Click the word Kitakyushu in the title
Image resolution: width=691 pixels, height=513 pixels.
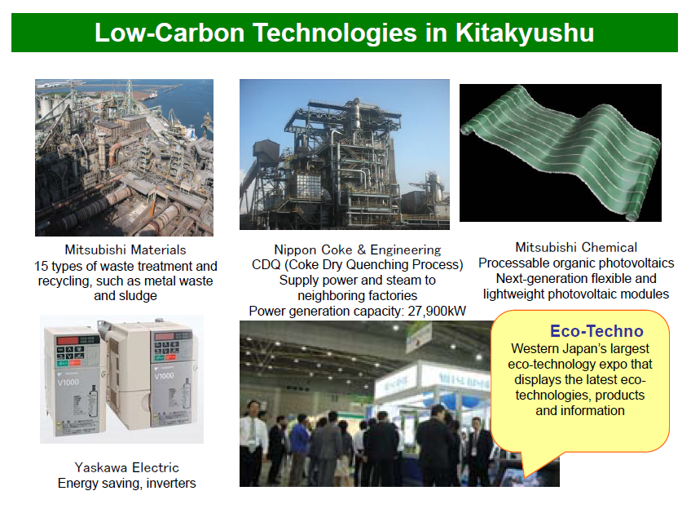[x=525, y=33]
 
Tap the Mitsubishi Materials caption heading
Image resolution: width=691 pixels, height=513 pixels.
[x=125, y=250]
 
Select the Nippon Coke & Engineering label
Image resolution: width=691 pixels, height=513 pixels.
[x=358, y=250]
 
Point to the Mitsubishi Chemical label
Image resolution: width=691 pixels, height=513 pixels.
[x=576, y=247]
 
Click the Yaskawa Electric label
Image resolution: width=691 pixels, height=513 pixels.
[x=127, y=467]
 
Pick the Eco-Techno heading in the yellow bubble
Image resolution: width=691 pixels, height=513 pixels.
[x=596, y=331]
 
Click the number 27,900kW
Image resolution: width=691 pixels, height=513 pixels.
[x=437, y=311]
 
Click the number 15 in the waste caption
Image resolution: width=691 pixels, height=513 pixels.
[x=41, y=266]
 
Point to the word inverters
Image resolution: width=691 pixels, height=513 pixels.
[x=171, y=483]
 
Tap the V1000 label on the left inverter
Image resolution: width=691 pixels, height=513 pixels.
[x=68, y=382]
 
